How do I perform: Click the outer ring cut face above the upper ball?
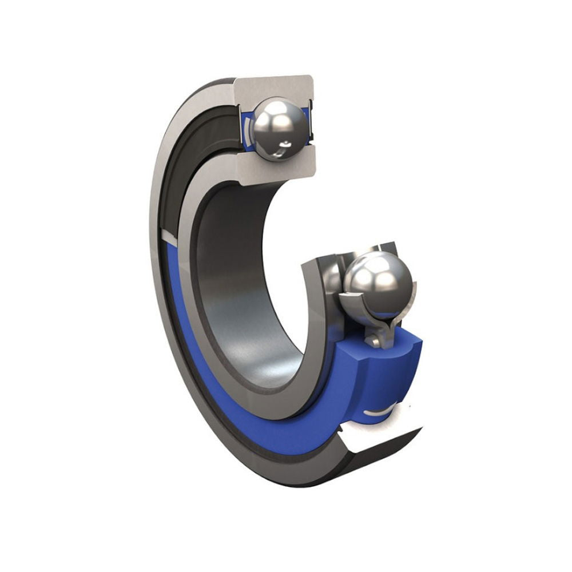pos(275,86)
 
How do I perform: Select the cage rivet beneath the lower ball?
pos(375,341)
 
